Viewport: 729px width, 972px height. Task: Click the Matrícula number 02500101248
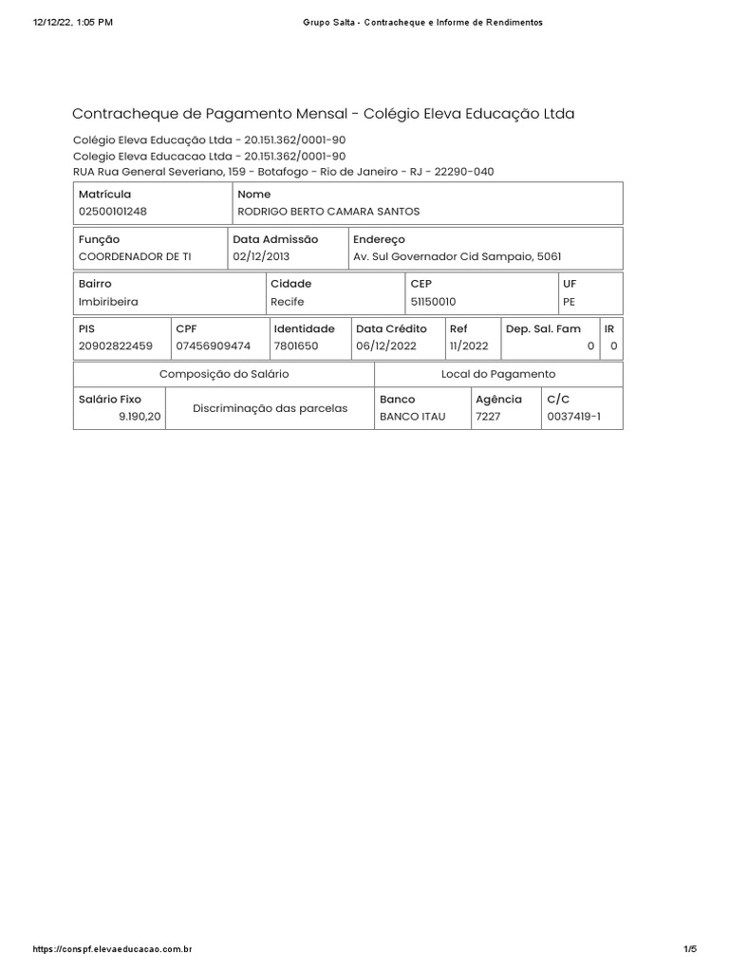[x=113, y=211]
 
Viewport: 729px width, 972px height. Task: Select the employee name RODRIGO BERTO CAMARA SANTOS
[x=327, y=211]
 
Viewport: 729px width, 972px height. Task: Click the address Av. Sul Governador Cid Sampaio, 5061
[x=450, y=256]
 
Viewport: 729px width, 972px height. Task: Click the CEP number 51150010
[x=433, y=301]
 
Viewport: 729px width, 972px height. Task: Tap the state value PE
[x=570, y=301]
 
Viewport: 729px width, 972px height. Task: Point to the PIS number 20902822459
[x=115, y=346]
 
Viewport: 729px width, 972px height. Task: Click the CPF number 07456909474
[x=214, y=346]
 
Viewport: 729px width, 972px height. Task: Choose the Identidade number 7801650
[x=296, y=346]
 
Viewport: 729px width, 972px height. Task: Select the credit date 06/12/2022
[x=387, y=346]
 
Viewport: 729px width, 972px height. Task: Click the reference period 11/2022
[x=469, y=346]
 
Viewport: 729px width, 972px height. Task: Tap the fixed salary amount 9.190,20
[x=140, y=417]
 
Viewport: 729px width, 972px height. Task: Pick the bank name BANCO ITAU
[x=412, y=417]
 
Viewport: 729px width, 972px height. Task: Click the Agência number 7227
[x=488, y=417]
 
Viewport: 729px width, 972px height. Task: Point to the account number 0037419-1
[x=573, y=417]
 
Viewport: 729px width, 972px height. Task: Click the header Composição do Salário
[x=224, y=374]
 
